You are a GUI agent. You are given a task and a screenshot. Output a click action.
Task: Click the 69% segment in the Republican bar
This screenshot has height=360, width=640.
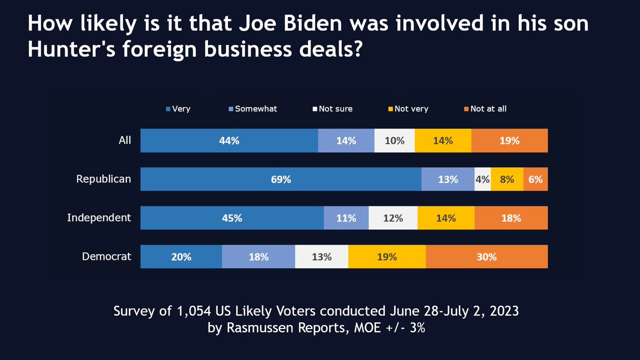click(x=281, y=180)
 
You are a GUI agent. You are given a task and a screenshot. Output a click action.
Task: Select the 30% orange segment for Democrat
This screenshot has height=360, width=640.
click(x=486, y=257)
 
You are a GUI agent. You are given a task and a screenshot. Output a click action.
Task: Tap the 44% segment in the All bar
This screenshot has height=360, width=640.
click(x=229, y=141)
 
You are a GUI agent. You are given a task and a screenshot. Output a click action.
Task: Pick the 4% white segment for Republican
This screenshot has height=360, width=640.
click(x=483, y=180)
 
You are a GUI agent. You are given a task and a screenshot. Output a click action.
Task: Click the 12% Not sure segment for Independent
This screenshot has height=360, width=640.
click(x=393, y=218)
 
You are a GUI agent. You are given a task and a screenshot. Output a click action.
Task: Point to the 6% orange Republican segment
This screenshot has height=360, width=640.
click(x=535, y=180)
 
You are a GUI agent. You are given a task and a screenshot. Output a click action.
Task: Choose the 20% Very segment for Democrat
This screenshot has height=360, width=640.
click(x=181, y=257)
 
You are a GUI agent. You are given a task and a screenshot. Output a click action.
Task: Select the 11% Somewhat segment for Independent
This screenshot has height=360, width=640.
click(x=346, y=218)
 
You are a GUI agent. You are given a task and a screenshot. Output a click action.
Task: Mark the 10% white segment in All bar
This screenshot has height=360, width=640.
click(x=394, y=141)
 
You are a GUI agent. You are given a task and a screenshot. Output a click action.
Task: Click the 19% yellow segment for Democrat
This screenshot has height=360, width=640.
click(x=387, y=257)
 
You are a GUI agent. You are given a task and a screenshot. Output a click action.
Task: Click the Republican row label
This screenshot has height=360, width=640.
click(x=103, y=179)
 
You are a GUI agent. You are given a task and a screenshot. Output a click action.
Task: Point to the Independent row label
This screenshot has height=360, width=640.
click(x=99, y=217)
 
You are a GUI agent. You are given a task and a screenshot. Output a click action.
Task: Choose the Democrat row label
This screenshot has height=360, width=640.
click(x=107, y=256)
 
